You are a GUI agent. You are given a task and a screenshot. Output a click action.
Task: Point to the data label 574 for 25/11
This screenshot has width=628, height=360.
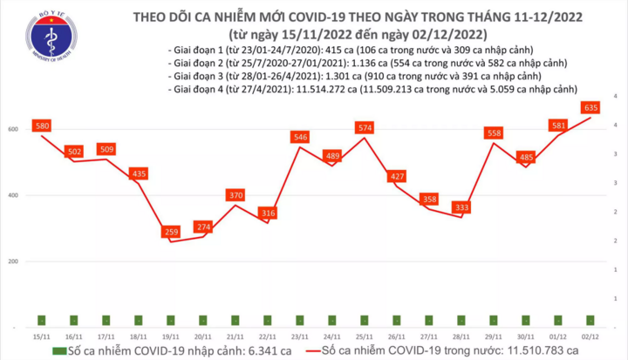point(365,128)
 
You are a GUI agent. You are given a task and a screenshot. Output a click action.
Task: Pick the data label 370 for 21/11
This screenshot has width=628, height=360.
point(235,196)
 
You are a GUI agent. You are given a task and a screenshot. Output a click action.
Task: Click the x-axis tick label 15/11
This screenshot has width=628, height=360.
point(41,335)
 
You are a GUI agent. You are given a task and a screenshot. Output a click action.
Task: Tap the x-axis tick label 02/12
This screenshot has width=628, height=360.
point(591,335)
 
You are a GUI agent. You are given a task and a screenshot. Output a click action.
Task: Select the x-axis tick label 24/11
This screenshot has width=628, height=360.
point(332,335)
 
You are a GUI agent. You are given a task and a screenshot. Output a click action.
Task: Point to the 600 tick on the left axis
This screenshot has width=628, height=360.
point(14,129)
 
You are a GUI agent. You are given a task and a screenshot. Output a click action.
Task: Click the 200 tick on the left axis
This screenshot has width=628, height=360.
point(14,262)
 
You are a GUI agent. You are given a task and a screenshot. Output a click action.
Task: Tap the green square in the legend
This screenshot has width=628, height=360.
point(58,350)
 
